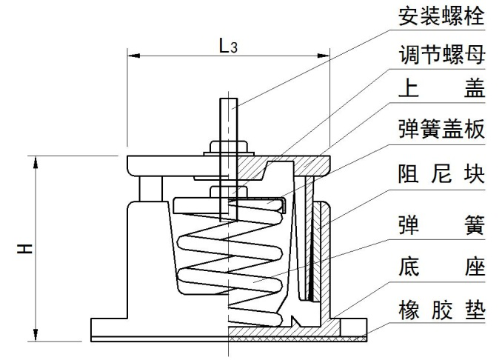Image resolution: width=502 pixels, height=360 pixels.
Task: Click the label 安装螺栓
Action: (441, 16)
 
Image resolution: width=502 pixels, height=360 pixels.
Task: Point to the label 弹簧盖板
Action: (441, 130)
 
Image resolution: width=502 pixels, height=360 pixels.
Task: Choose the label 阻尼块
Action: (441, 176)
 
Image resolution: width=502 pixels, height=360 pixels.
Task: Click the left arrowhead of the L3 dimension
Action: (134, 55)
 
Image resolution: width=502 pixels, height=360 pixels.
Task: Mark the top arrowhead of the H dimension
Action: (35, 161)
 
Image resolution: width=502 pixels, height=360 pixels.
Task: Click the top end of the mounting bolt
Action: (230, 101)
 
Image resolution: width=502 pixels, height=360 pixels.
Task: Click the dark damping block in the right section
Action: (315, 248)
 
